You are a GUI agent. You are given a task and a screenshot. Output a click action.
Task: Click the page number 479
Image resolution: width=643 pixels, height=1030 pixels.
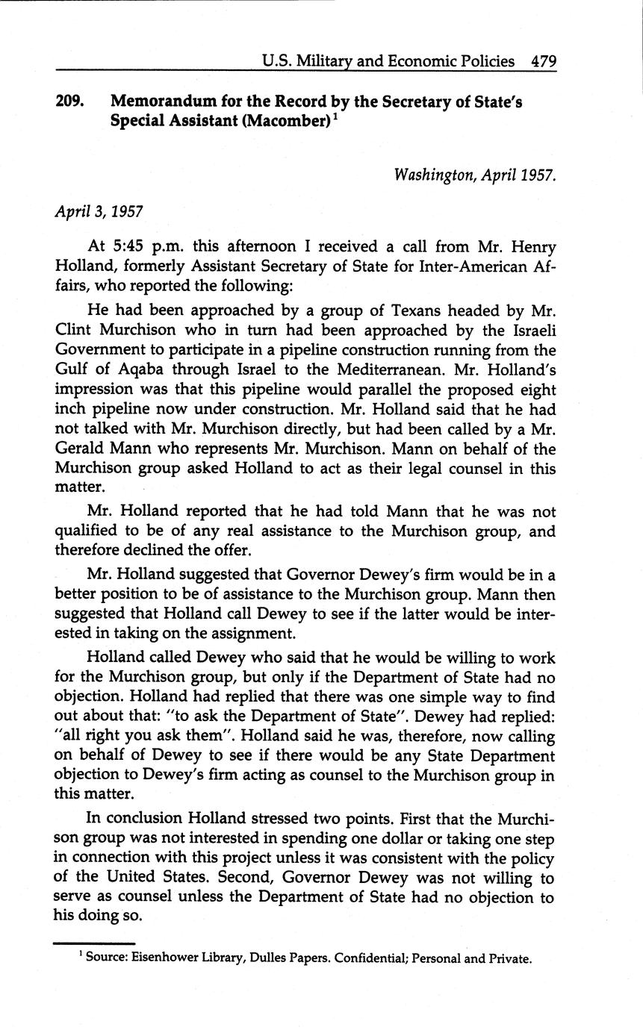pos(543,61)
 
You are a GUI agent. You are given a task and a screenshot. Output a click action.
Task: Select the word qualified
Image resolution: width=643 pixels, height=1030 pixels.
pos(84,531)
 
